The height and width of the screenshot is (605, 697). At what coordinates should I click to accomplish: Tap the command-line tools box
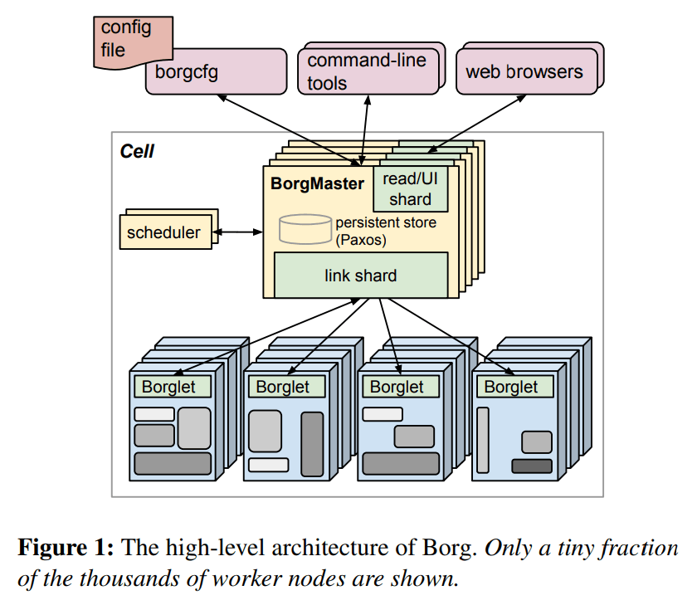(x=365, y=71)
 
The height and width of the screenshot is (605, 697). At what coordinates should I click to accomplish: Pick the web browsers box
(x=524, y=71)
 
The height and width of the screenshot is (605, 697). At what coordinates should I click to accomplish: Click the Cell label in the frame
(x=137, y=152)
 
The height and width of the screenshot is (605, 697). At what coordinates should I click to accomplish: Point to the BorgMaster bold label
(x=317, y=183)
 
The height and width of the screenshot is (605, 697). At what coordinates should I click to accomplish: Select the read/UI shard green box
(x=410, y=188)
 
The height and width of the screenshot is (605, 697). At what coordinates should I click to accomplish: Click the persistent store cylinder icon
(x=305, y=229)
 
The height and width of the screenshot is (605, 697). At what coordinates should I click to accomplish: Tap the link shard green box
(x=360, y=275)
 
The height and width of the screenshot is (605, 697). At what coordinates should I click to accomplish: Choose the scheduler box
(x=163, y=232)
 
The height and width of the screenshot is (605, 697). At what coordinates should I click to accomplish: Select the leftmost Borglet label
(x=168, y=387)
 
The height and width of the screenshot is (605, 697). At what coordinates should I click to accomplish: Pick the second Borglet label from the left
(x=282, y=387)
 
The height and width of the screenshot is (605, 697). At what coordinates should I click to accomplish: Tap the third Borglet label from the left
(x=397, y=387)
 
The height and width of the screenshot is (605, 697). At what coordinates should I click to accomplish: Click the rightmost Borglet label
(x=511, y=387)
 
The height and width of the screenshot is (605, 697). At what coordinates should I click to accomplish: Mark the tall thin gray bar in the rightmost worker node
(x=483, y=439)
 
